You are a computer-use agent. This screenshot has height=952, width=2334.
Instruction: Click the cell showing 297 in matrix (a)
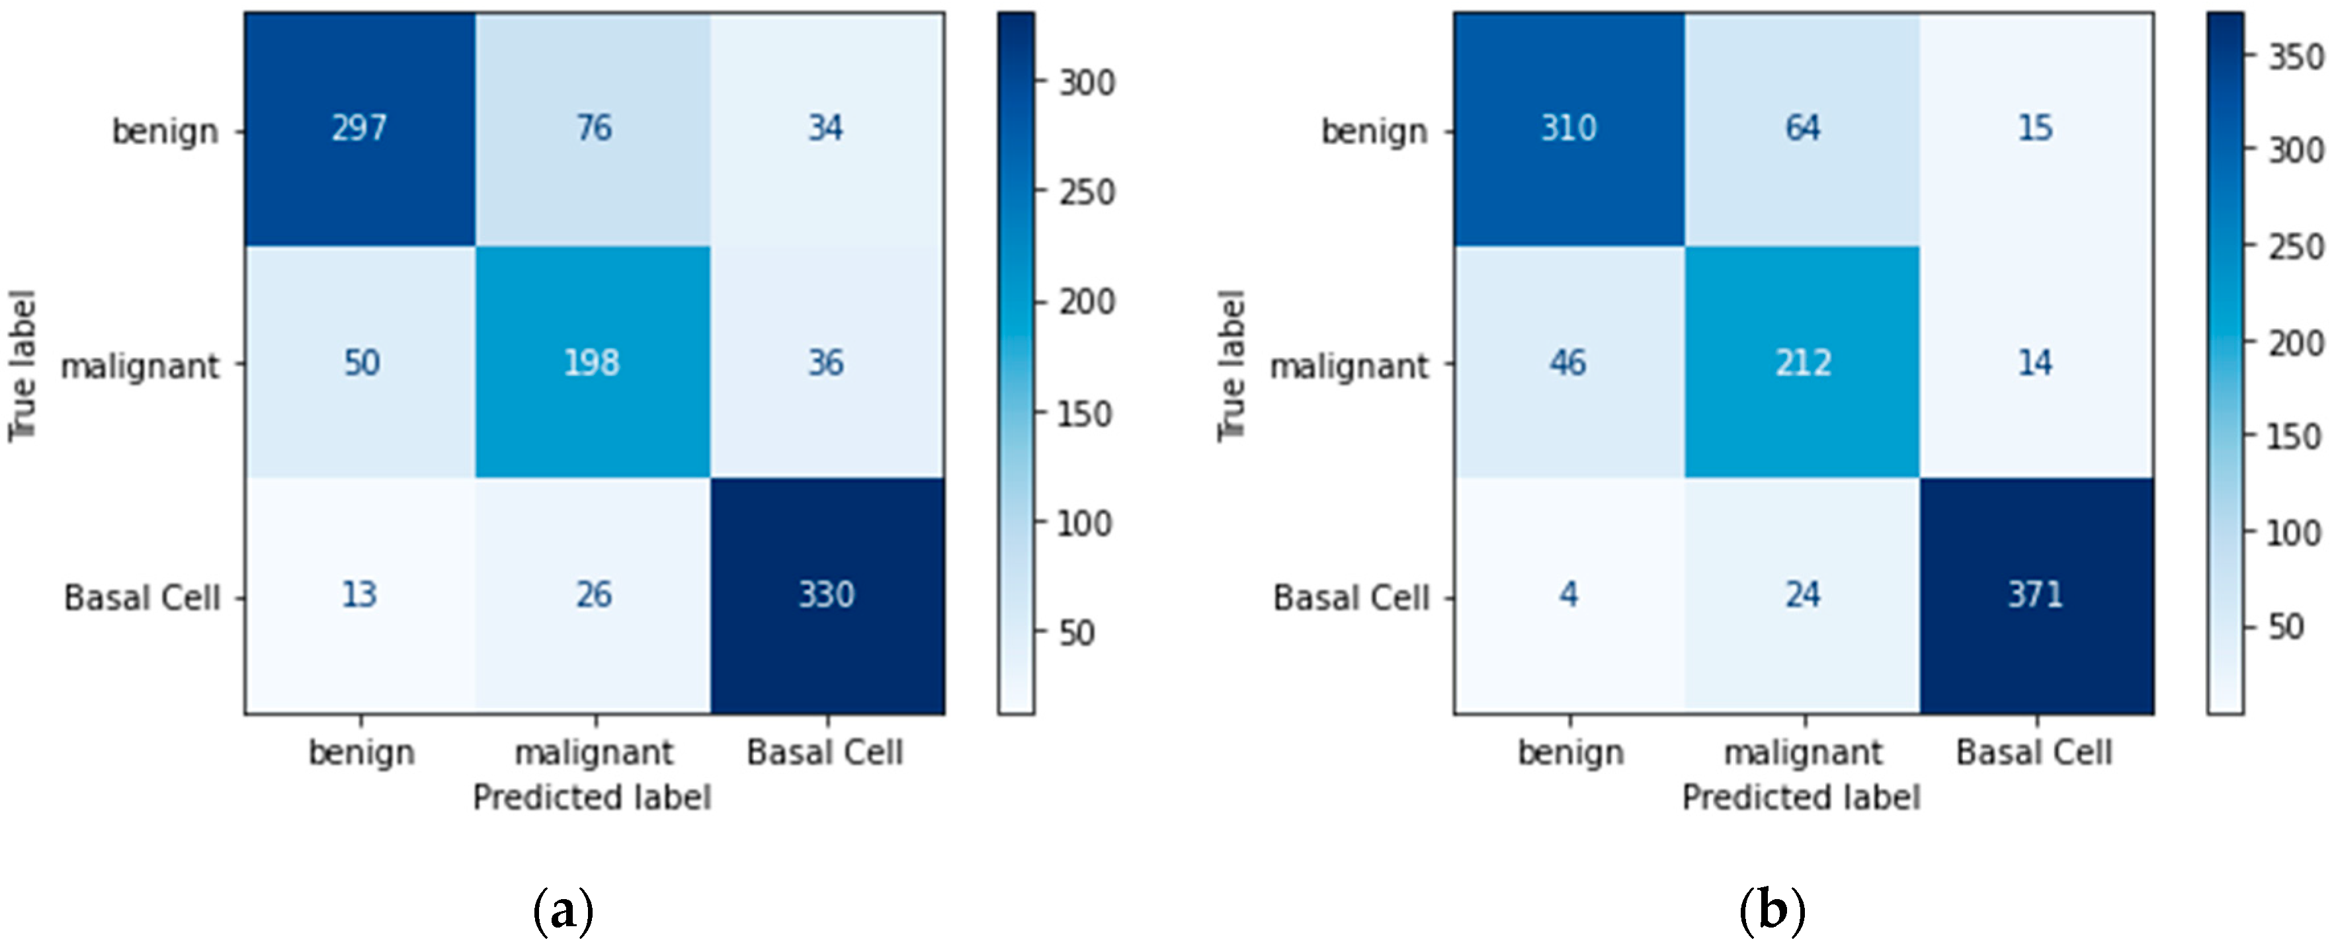(x=360, y=129)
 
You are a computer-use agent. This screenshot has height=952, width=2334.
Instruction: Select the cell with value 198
(x=592, y=362)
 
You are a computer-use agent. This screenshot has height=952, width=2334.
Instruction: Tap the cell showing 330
(x=826, y=595)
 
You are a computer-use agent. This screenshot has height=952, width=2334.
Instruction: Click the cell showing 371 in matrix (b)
(x=2035, y=595)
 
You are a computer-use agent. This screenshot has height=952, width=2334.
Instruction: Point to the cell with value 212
(x=1803, y=362)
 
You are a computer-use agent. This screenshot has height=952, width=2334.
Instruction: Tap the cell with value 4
(x=1568, y=595)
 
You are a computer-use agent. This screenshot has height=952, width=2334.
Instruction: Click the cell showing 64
(x=1802, y=129)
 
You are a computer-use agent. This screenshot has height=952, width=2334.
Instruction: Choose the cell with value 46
(x=1567, y=362)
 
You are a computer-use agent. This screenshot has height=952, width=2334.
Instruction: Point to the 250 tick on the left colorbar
(x=1087, y=192)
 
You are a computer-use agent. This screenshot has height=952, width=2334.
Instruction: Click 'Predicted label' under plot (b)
(x=1800, y=797)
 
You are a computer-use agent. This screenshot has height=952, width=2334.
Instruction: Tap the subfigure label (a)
(x=563, y=910)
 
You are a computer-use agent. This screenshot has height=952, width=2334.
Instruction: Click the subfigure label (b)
(x=1772, y=910)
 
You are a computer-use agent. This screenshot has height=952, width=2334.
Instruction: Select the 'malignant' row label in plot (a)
(x=140, y=367)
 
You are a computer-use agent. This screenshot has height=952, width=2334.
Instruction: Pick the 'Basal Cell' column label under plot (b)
(x=2034, y=752)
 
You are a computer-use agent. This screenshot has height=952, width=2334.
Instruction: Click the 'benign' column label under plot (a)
(x=362, y=752)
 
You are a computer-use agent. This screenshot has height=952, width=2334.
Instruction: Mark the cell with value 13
(x=359, y=595)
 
